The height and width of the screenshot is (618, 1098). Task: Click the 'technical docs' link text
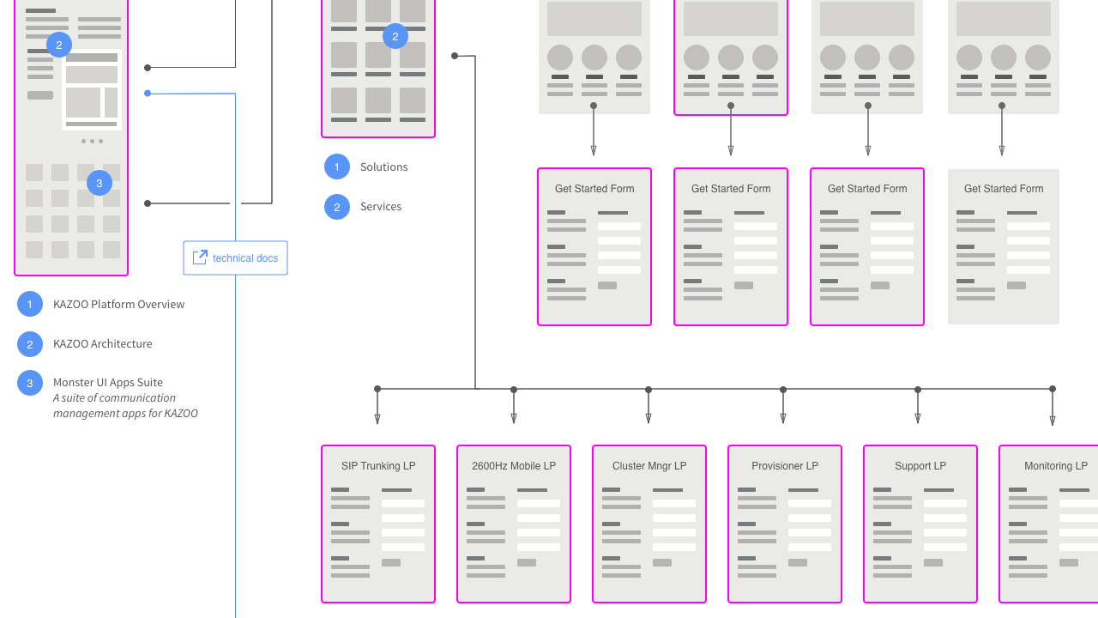tap(245, 258)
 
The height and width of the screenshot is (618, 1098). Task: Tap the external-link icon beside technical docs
tap(200, 257)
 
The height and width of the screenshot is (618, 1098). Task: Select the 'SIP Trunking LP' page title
tap(378, 466)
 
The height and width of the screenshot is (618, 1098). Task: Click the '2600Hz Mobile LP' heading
tap(514, 466)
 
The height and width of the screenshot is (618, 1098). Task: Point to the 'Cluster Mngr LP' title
tap(649, 466)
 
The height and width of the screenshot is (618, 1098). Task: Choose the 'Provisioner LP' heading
tap(785, 466)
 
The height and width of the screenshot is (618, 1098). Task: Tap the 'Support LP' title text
tap(920, 466)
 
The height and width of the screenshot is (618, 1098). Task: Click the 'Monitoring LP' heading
tap(1056, 466)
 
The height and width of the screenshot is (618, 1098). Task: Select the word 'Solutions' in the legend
tap(383, 167)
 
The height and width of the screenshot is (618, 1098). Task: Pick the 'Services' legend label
tap(381, 207)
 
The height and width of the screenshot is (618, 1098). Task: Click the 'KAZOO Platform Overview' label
tap(118, 305)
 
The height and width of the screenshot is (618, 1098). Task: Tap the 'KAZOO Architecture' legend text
tap(102, 344)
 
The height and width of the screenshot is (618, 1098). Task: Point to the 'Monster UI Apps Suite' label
tap(108, 383)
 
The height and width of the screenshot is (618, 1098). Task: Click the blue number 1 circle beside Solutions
tap(337, 167)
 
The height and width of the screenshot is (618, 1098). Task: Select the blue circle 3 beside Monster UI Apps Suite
tap(30, 383)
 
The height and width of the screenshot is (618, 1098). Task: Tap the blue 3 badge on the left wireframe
tap(100, 183)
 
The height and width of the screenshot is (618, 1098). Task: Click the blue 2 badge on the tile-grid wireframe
tap(395, 36)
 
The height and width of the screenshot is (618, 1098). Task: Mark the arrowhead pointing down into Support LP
tap(918, 419)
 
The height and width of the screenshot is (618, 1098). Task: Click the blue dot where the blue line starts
tap(148, 93)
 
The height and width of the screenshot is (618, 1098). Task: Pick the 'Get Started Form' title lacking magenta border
tap(1004, 189)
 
